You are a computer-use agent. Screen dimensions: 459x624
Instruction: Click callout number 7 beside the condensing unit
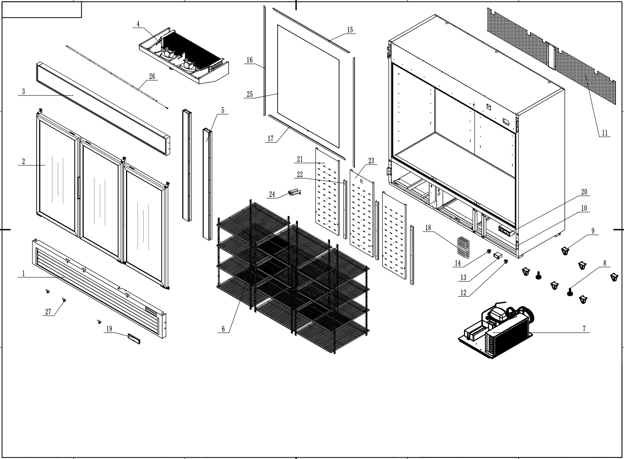pos(584,329)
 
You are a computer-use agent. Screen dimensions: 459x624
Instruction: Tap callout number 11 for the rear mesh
pos(604,133)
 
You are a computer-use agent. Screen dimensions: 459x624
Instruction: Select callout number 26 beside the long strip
pos(152,76)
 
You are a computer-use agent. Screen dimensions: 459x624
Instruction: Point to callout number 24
pos(272,194)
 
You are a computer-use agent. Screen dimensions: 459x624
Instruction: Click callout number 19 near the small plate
pos(109,329)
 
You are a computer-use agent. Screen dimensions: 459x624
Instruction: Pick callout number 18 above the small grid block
pos(428,228)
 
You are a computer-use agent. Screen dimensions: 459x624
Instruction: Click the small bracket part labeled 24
pos(294,192)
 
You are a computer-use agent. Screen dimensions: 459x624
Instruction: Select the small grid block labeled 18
pos(463,247)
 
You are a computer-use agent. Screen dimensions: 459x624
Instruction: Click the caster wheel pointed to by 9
pos(564,251)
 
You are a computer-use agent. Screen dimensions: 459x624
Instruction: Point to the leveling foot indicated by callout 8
pos(569,292)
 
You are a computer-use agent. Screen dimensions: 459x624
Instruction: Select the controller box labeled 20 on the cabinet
pos(506,231)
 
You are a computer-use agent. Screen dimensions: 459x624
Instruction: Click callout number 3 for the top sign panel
pos(23,91)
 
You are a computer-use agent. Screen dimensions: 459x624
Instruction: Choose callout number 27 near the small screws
pos(48,312)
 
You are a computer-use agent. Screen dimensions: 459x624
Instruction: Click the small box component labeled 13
pos(497,255)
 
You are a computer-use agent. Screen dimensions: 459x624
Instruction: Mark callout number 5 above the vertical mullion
pos(223,110)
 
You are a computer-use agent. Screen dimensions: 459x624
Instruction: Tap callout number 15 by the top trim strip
pos(350,30)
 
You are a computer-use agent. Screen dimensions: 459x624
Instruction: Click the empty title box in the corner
pos(42,10)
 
